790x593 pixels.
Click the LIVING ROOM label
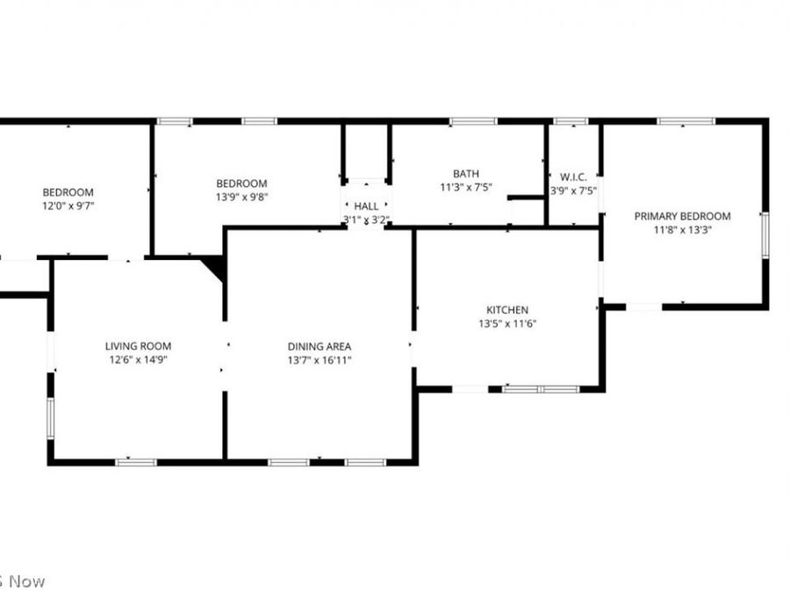click(x=138, y=346)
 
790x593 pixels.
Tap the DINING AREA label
click(x=320, y=346)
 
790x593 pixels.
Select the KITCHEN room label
click(x=507, y=309)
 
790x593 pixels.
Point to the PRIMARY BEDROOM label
click(x=682, y=216)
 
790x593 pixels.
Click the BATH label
click(x=466, y=173)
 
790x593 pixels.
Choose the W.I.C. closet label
click(x=573, y=177)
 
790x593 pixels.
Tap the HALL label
click(x=366, y=206)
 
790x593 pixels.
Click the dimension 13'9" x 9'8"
click(x=241, y=197)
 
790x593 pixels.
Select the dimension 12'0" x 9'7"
click(x=68, y=206)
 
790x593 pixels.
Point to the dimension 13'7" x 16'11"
click(x=320, y=359)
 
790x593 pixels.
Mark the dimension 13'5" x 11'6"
click(x=507, y=323)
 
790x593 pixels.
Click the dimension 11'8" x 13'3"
click(x=682, y=230)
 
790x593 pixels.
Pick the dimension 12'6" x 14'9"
click(x=138, y=359)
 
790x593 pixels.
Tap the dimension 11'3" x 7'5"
click(x=466, y=187)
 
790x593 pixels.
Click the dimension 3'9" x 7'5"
click(x=573, y=191)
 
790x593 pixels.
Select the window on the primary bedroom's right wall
click(x=765, y=235)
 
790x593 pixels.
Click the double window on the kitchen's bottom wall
click(x=541, y=388)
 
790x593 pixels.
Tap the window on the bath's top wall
click(x=473, y=121)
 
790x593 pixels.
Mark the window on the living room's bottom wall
click(x=136, y=461)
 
